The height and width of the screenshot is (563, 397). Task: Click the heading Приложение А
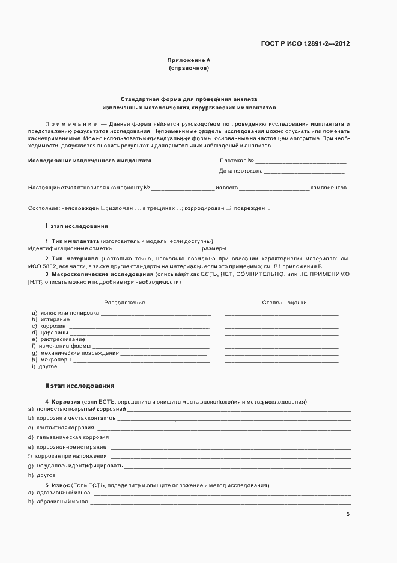point(189,60)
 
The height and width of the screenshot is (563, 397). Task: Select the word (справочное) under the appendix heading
point(189,69)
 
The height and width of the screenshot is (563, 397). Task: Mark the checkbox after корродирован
point(229,208)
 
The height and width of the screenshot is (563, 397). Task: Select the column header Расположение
point(124,303)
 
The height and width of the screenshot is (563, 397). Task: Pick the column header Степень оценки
point(284,303)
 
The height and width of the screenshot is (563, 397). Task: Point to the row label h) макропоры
point(52,360)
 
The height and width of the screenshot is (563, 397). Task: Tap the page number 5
point(348,514)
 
